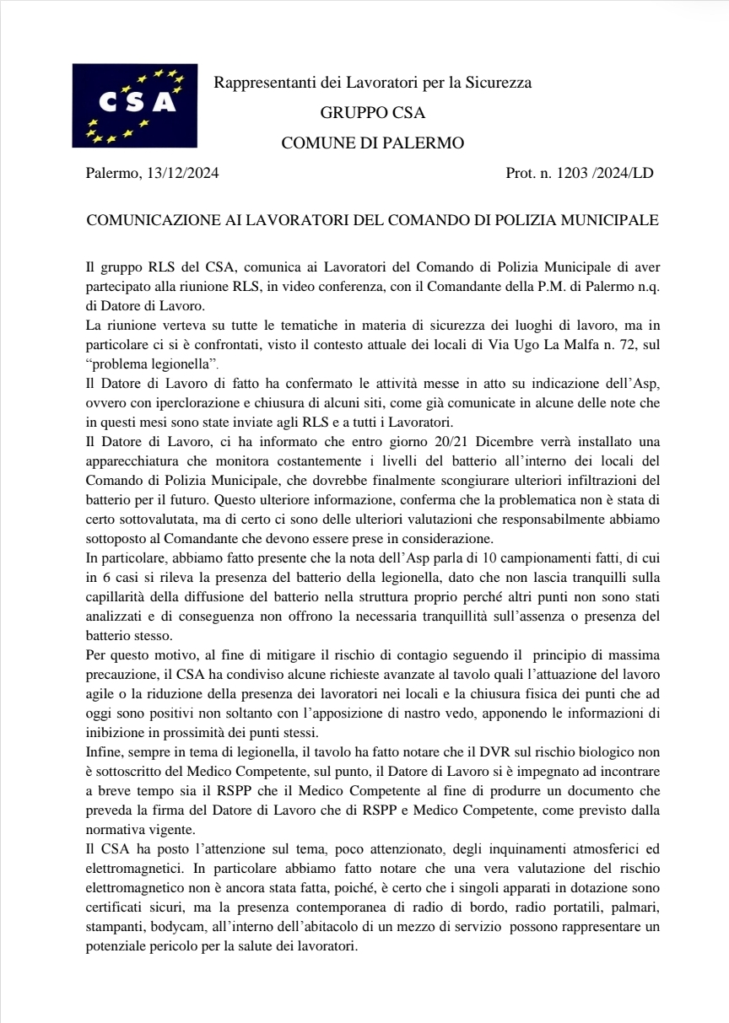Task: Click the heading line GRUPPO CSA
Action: point(372,113)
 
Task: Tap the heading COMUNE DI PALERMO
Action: point(372,143)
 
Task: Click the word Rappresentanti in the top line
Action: point(256,83)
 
